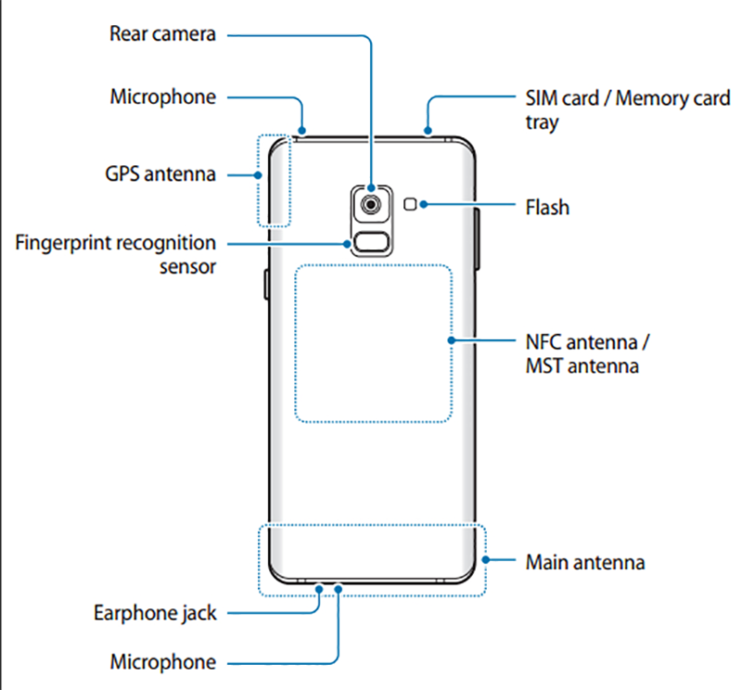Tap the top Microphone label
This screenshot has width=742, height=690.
(162, 96)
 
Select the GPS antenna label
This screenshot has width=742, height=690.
(161, 173)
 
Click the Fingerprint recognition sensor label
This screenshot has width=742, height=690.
(116, 254)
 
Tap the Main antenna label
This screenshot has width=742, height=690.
(585, 562)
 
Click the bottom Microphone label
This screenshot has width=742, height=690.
(162, 662)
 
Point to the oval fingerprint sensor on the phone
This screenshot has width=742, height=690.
(371, 244)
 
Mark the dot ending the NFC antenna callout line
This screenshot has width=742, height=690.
(451, 340)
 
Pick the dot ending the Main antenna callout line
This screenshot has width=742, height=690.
(488, 560)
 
